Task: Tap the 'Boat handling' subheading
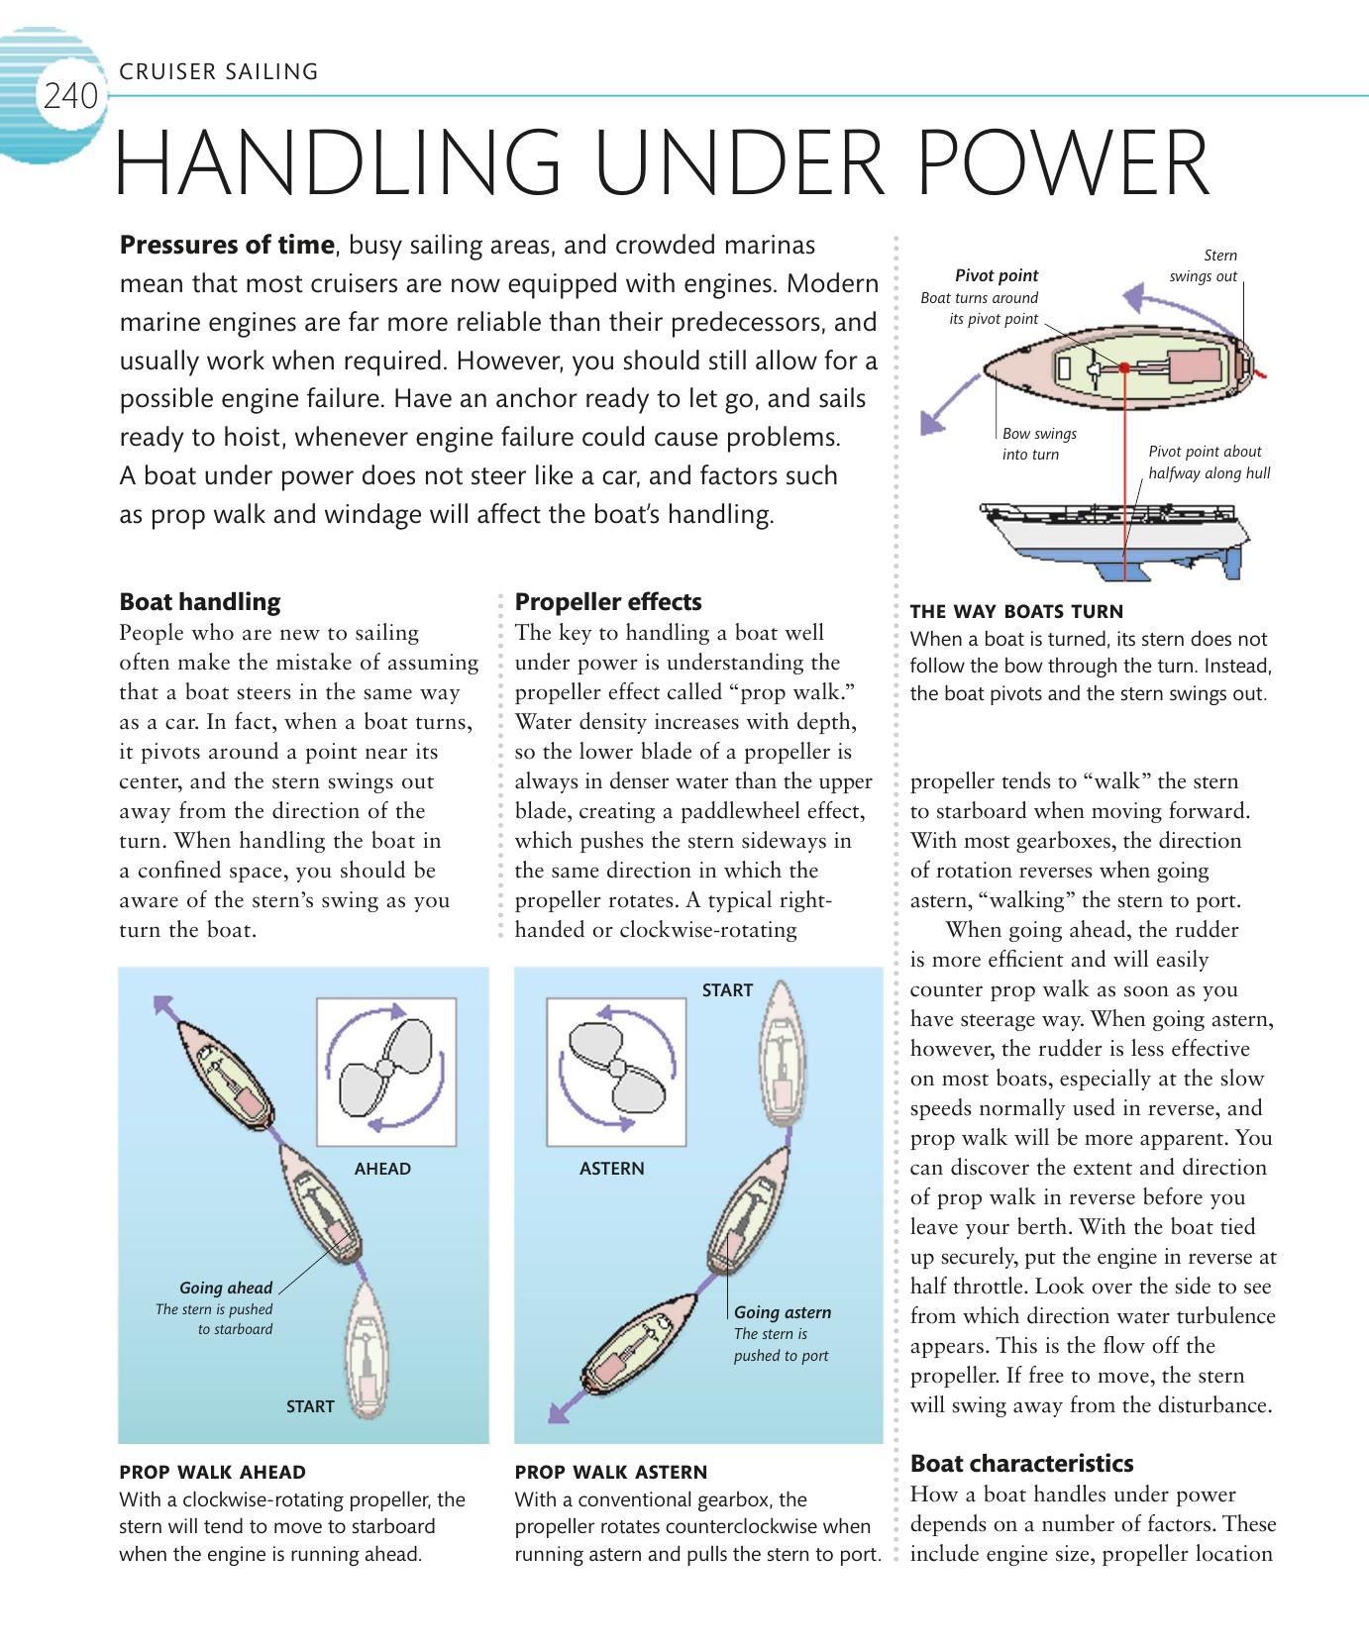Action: click(199, 601)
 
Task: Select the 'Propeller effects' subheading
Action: click(608, 601)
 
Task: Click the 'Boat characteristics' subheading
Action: click(1021, 1463)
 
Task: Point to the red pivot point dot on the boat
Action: click(1125, 367)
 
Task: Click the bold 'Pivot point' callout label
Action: click(997, 275)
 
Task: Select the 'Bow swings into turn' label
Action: click(1038, 444)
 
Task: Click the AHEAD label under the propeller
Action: click(382, 1169)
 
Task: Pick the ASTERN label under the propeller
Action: click(611, 1169)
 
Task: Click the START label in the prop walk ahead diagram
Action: click(310, 1406)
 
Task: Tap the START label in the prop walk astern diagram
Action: click(727, 990)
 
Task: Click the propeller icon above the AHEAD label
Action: click(385, 1069)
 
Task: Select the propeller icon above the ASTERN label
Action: click(616, 1069)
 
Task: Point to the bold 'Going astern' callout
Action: click(783, 1312)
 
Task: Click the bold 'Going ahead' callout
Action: click(226, 1288)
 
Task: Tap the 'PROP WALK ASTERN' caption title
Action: click(611, 1472)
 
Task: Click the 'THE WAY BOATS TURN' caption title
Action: click(1016, 611)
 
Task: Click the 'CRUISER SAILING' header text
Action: click(219, 71)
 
